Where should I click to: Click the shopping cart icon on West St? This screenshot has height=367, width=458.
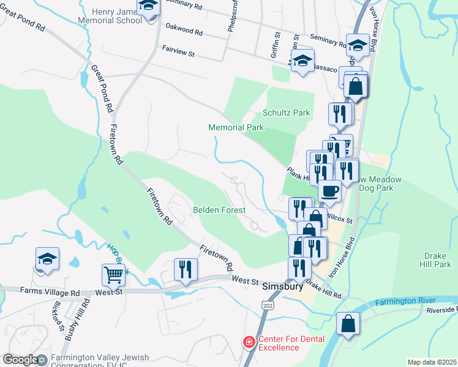pyautogui.click(x=113, y=275)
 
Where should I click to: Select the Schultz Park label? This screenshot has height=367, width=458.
pyautogui.click(x=287, y=113)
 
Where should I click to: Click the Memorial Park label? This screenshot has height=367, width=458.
pyautogui.click(x=236, y=127)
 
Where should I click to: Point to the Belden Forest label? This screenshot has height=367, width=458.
pyautogui.click(x=219, y=210)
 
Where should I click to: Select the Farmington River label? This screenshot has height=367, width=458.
pyautogui.click(x=405, y=301)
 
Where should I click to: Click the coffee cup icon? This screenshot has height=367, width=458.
pyautogui.click(x=329, y=190)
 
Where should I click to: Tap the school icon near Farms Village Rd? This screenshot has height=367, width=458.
pyautogui.click(x=47, y=259)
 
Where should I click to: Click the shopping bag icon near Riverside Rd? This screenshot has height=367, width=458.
pyautogui.click(x=348, y=323)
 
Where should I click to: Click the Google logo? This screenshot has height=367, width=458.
pyautogui.click(x=20, y=360)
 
